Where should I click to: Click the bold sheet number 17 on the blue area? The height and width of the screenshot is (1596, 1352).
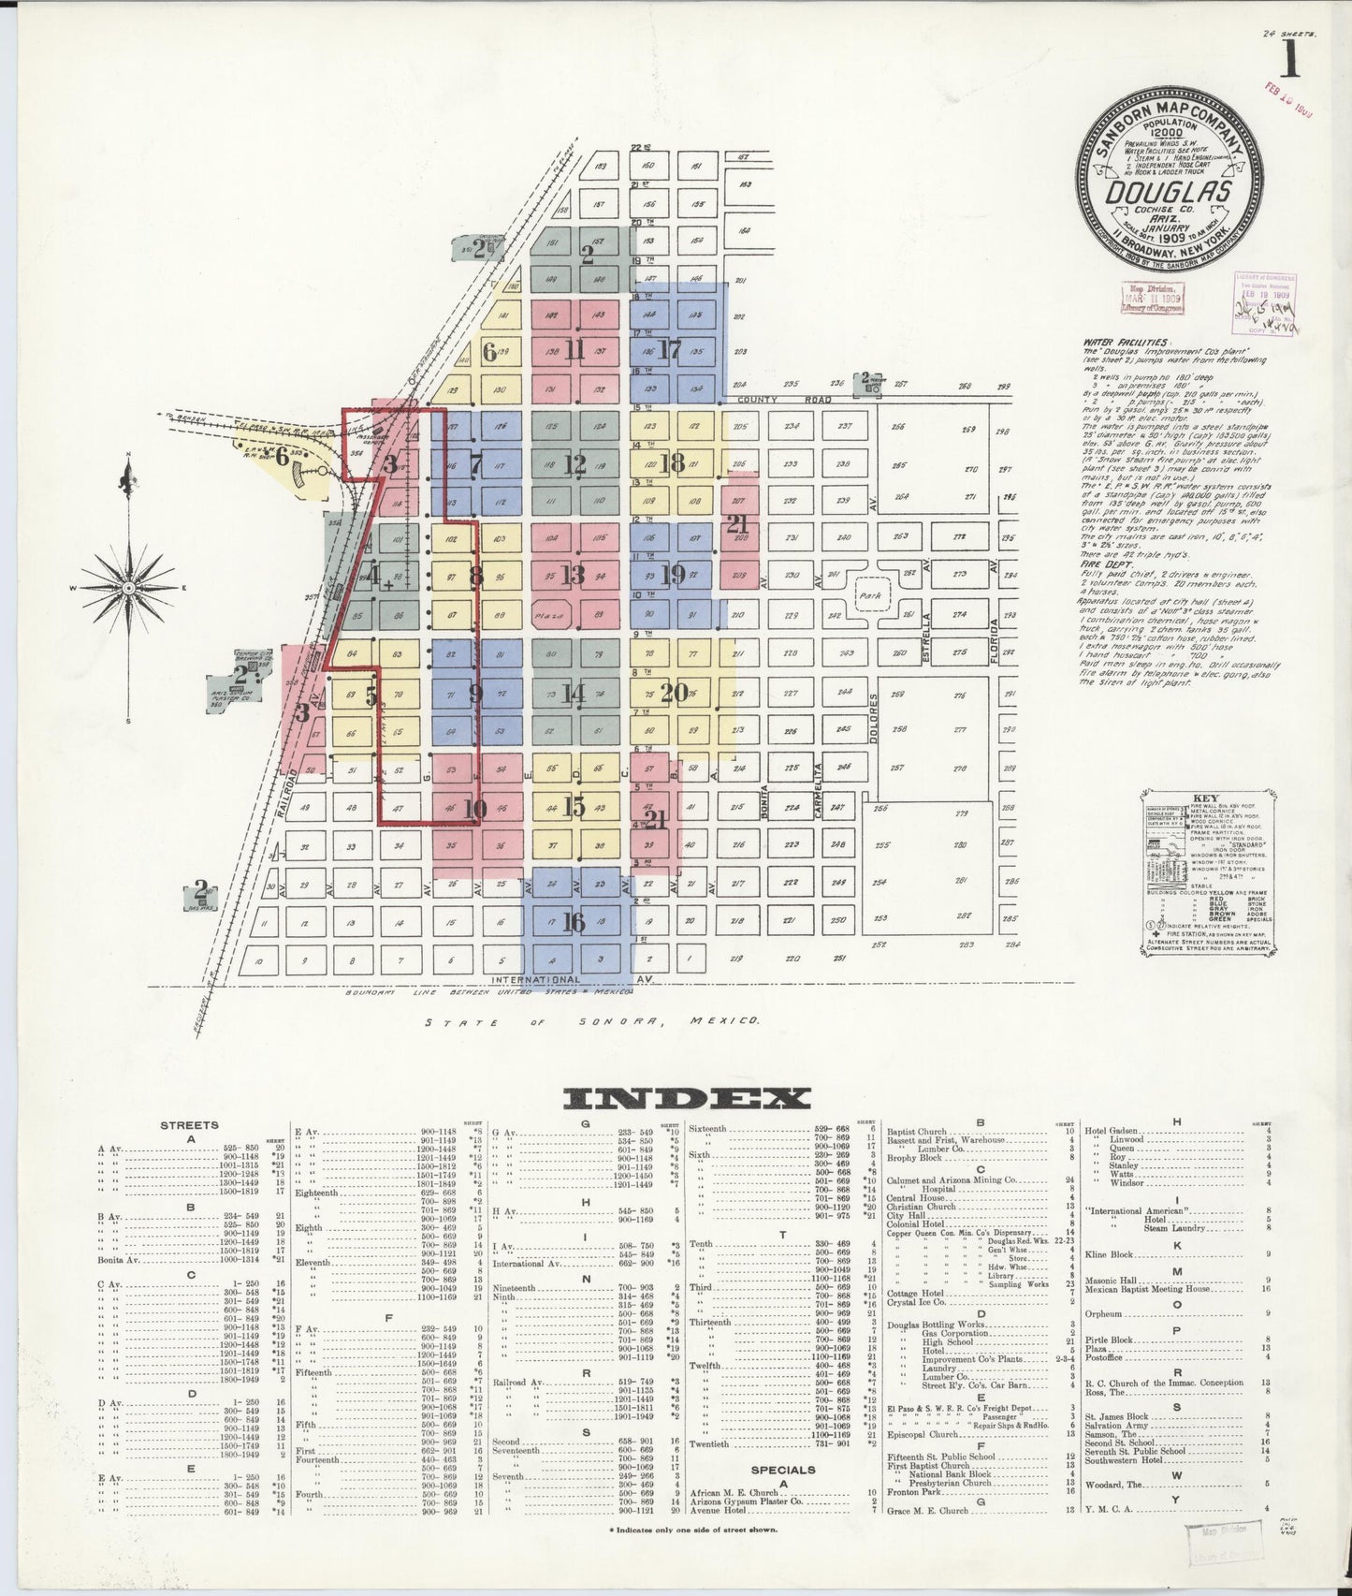click(x=669, y=351)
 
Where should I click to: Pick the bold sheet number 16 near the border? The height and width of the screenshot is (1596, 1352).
click(x=574, y=922)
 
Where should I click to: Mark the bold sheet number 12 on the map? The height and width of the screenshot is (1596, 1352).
click(x=574, y=462)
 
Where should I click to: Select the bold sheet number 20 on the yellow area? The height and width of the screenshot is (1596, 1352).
click(x=674, y=694)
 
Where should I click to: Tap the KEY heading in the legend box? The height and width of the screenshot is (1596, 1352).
click(x=1206, y=798)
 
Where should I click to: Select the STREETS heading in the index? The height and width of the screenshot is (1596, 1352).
click(x=189, y=1125)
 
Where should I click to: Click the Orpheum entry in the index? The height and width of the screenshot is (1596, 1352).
click(x=1102, y=1313)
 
